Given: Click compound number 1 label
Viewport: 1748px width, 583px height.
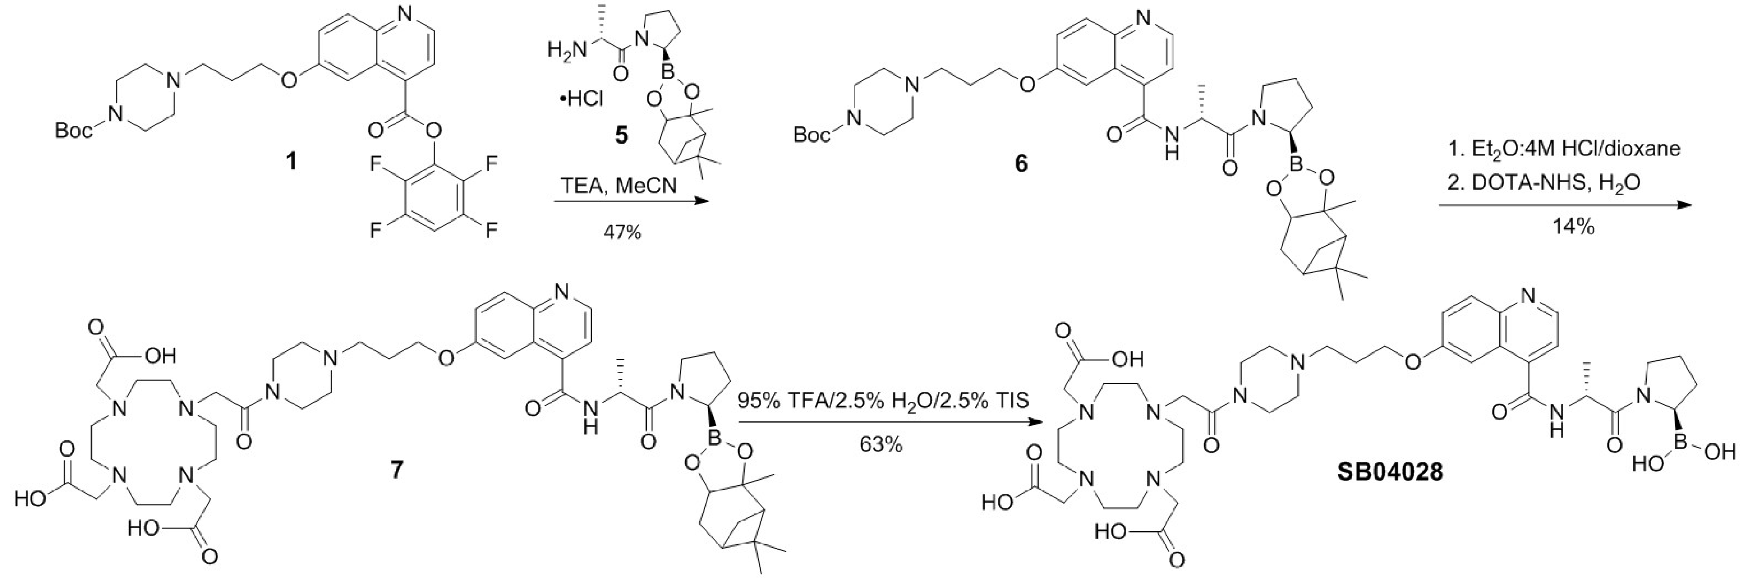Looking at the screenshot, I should point(291,162).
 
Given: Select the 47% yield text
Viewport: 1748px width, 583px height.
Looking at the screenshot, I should point(622,232).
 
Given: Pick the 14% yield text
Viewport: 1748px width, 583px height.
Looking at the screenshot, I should point(1574,227).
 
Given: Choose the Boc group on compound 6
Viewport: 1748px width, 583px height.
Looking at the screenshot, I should point(812,136).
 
